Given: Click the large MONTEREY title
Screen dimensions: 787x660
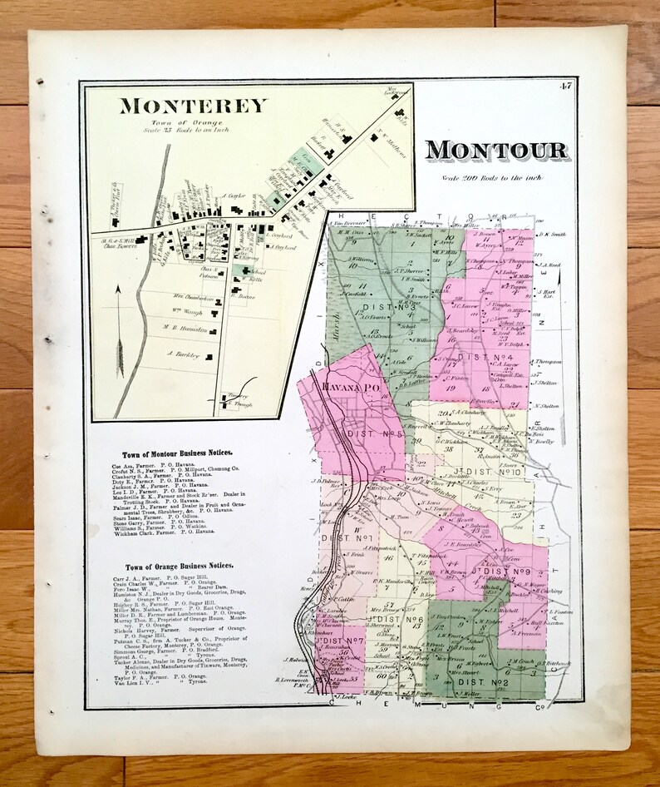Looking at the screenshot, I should pyautogui.click(x=194, y=106).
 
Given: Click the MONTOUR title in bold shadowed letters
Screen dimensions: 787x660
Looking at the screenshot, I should pyautogui.click(x=497, y=151).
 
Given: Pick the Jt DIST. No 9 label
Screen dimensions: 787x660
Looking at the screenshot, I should pyautogui.click(x=500, y=572).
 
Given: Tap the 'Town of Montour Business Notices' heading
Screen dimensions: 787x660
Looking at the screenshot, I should pyautogui.click(x=177, y=453).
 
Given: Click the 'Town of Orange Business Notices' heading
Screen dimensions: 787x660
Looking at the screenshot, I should pyautogui.click(x=177, y=566).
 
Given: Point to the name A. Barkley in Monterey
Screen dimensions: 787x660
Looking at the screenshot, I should pyautogui.click(x=184, y=354).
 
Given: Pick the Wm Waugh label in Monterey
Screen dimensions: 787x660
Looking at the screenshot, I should pyautogui.click(x=190, y=313).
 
